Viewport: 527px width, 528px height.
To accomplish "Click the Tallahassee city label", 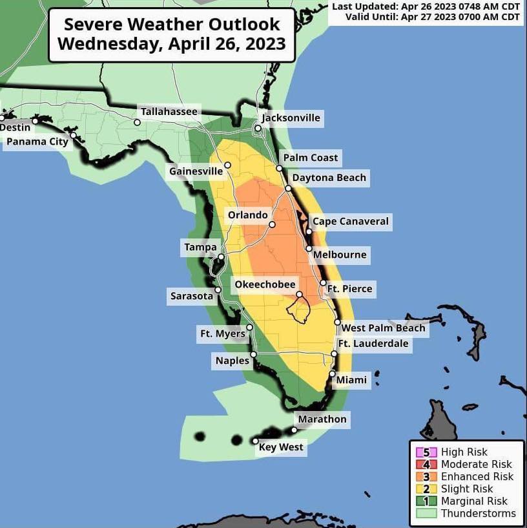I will pyautogui.click(x=169, y=112).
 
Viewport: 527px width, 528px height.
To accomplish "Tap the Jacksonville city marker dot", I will pyautogui.click(x=258, y=129).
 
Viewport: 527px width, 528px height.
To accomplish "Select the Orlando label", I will pyautogui.click(x=247, y=215).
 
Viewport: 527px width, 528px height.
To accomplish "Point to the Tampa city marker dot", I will pyautogui.click(x=220, y=257).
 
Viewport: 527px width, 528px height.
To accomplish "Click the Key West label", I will pyautogui.click(x=281, y=447).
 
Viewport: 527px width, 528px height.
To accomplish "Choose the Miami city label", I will pyautogui.click(x=351, y=380).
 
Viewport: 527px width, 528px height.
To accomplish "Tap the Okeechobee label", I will pyautogui.click(x=265, y=284).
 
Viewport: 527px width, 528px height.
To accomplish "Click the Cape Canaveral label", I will pyautogui.click(x=351, y=221).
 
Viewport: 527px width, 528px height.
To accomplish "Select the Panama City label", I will pyautogui.click(x=37, y=142).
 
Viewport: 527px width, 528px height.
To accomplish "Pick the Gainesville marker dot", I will pyautogui.click(x=227, y=165).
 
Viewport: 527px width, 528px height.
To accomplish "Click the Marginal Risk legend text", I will pyautogui.click(x=474, y=502).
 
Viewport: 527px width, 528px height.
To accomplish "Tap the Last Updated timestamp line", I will pyautogui.click(x=426, y=6).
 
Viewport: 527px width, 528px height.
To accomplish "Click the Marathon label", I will pyautogui.click(x=322, y=419).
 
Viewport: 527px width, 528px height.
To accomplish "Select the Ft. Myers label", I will pyautogui.click(x=222, y=334).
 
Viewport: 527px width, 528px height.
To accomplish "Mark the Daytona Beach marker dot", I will pyautogui.click(x=289, y=189).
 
